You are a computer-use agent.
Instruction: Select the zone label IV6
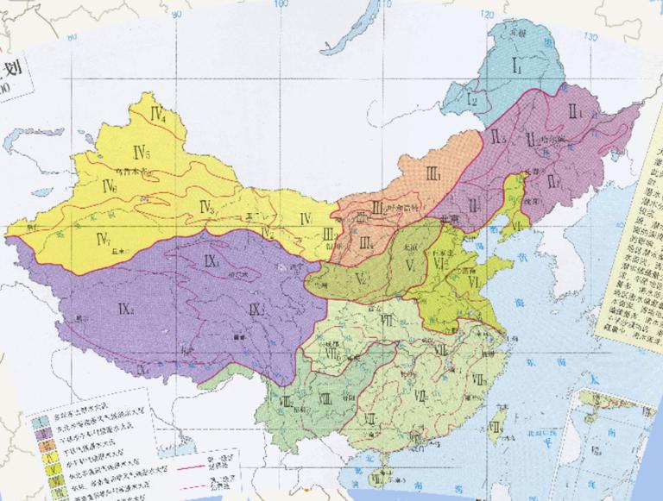pos(109,186)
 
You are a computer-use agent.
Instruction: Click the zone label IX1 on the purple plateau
pos(212,260)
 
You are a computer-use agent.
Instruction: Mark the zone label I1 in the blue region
pos(520,64)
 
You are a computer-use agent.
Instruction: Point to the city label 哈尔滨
pos(552,139)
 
